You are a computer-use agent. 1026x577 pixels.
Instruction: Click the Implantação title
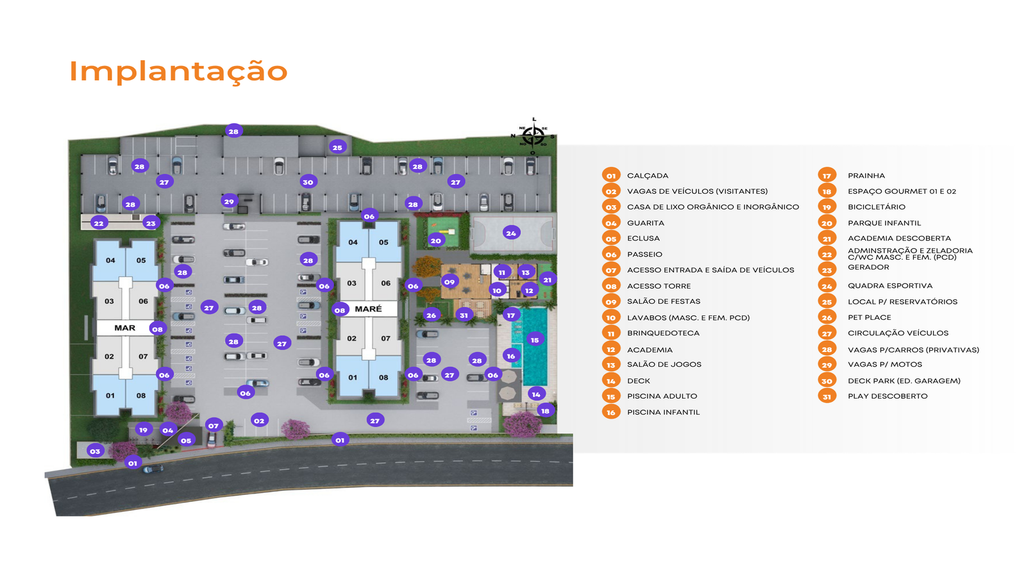pyautogui.click(x=178, y=72)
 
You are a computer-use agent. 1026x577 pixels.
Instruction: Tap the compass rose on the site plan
pyautogui.click(x=533, y=136)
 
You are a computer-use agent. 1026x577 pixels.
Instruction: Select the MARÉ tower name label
pyautogui.click(x=368, y=309)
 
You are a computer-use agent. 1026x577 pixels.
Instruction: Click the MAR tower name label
pyautogui.click(x=124, y=328)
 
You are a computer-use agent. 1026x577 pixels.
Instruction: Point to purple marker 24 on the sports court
pyautogui.click(x=511, y=233)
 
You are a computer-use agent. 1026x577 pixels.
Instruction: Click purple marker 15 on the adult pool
pyautogui.click(x=535, y=340)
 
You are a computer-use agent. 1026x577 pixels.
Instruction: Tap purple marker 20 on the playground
pyautogui.click(x=436, y=240)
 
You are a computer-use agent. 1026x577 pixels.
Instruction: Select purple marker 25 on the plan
pyautogui.click(x=337, y=147)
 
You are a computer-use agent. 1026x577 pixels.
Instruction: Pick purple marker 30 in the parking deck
pyautogui.click(x=308, y=182)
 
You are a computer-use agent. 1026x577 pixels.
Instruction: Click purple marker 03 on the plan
pyautogui.click(x=95, y=451)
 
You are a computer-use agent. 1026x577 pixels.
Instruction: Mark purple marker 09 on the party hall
pyautogui.click(x=450, y=281)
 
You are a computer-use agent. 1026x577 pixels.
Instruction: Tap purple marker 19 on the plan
pyautogui.click(x=143, y=430)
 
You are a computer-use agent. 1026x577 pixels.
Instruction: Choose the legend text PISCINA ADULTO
pyautogui.click(x=662, y=396)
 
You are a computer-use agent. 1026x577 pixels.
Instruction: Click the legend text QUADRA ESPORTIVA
pyautogui.click(x=889, y=286)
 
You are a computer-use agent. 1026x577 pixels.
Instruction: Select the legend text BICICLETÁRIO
pyautogui.click(x=876, y=207)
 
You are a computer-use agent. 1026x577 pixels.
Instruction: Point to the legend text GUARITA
pyautogui.click(x=645, y=223)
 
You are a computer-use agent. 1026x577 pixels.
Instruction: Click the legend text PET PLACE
pyautogui.click(x=869, y=317)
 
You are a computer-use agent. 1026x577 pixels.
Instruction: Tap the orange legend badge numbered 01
pyautogui.click(x=611, y=176)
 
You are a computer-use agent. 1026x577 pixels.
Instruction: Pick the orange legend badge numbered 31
pyautogui.click(x=827, y=397)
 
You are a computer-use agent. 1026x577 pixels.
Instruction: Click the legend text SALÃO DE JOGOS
pyautogui.click(x=664, y=365)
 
